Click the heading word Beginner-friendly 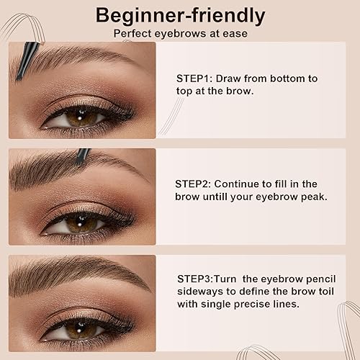(x=181, y=15)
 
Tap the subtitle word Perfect (x=133, y=33)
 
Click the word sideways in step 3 (x=199, y=291)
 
